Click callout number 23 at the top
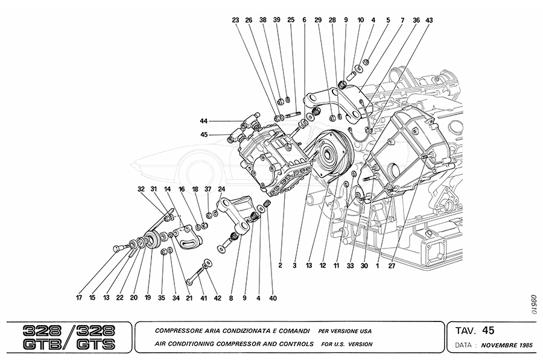235,20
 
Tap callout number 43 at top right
429,20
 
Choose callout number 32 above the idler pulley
141,189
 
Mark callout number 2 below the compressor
281,264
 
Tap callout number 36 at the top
416,20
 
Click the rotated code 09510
533,303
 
